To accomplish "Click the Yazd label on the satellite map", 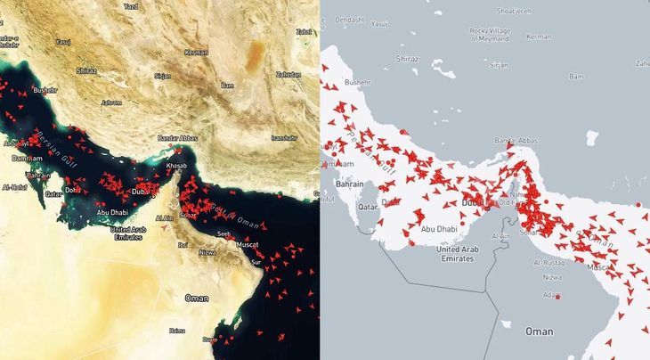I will point(131,6).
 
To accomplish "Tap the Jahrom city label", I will point(111,102).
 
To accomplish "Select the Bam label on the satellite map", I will point(228,85).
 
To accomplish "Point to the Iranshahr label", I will point(284,137).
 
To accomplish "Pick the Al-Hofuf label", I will point(15,187).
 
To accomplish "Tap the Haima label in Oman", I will point(177,331).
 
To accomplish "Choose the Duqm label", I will point(209,340).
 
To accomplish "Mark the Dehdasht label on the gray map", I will point(350,19).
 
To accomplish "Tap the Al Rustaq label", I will point(549,264).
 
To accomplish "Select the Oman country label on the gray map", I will point(539,331).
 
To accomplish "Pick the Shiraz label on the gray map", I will point(406,58).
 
